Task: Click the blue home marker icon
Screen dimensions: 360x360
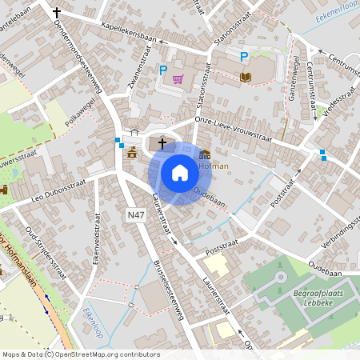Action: point(179,172)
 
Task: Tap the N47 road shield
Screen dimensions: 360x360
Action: point(137,215)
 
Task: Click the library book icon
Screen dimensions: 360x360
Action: point(245,77)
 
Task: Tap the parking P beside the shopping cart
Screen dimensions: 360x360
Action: point(163,70)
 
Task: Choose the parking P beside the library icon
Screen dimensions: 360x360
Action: point(245,55)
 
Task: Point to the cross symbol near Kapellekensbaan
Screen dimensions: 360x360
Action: point(56,13)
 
